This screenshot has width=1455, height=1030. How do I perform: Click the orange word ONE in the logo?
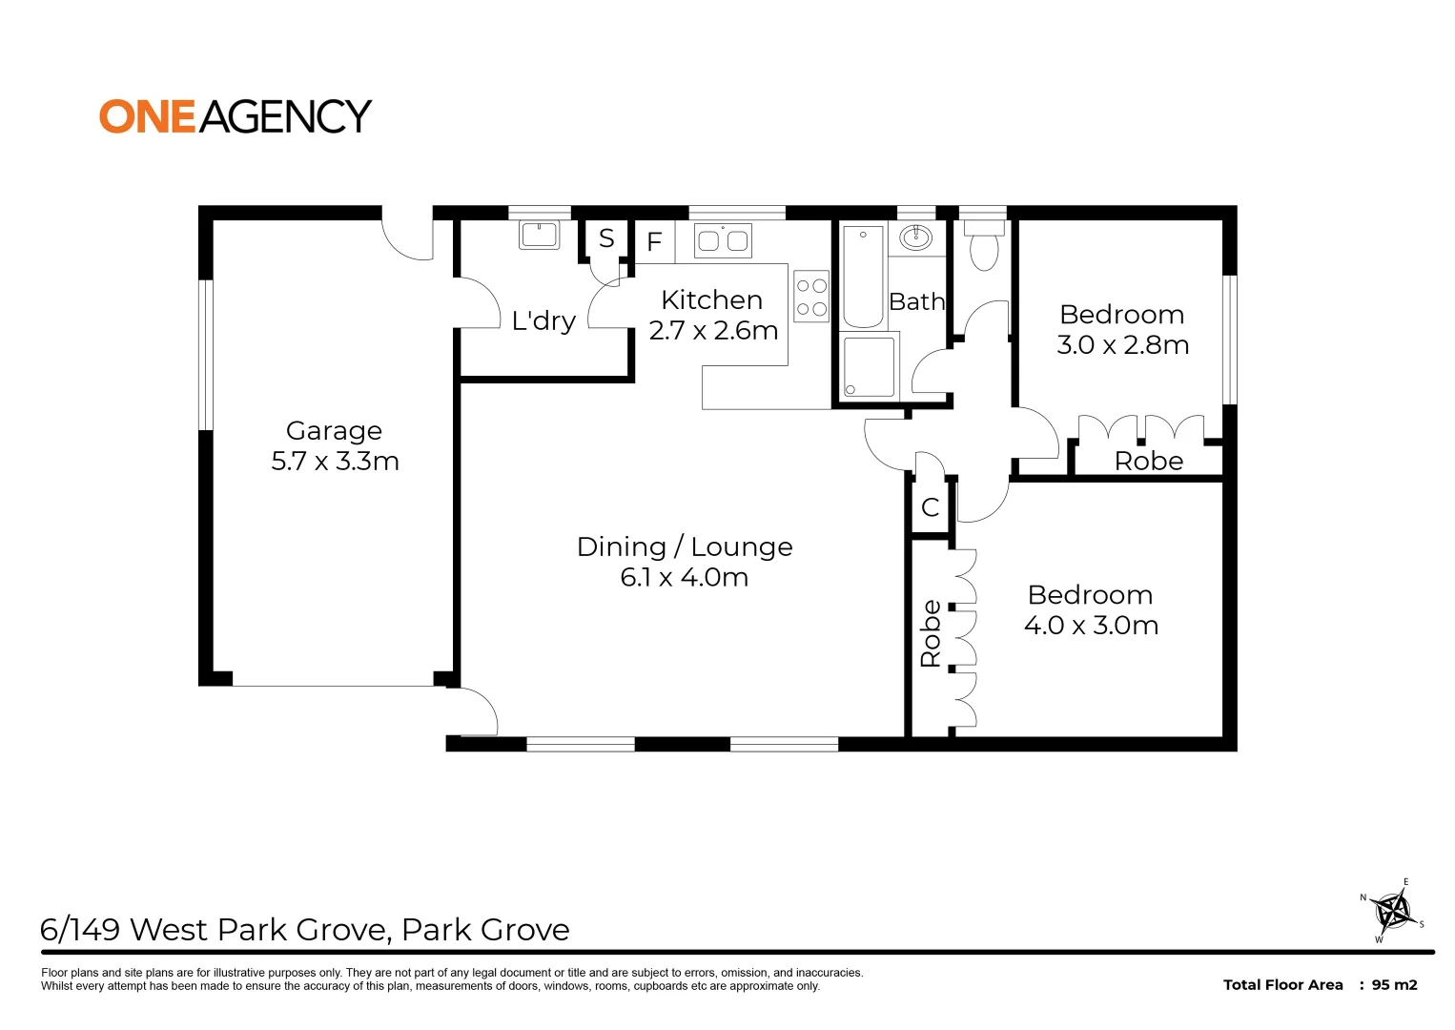click(x=148, y=117)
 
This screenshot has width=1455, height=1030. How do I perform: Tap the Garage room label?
click(x=334, y=431)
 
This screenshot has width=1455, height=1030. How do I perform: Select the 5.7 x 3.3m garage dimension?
click(x=335, y=462)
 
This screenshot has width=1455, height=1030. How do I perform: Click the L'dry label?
click(x=543, y=321)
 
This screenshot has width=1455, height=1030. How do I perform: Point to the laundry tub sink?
click(x=539, y=236)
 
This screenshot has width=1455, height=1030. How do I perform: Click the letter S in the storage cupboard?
click(x=606, y=238)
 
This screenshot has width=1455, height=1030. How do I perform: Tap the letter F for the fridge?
click(x=654, y=241)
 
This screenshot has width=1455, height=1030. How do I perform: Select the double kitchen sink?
click(x=723, y=240)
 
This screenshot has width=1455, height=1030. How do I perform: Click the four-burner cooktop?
click(x=811, y=297)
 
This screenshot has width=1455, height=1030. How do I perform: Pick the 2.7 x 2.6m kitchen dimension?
click(x=713, y=331)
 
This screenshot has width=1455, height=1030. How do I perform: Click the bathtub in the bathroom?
click(x=863, y=277)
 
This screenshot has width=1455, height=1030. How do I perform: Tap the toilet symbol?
click(x=984, y=246)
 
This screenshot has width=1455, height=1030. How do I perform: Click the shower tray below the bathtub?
click(x=869, y=366)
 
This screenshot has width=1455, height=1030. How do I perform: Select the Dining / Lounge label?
click(x=685, y=547)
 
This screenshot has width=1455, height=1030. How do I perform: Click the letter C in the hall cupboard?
click(x=931, y=506)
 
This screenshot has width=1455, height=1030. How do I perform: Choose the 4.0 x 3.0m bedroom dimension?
click(x=1091, y=626)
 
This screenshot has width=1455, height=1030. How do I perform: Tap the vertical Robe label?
click(x=931, y=633)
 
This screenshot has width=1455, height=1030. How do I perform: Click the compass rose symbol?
click(x=1393, y=911)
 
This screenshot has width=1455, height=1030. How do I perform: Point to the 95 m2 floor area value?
click(x=1394, y=985)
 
